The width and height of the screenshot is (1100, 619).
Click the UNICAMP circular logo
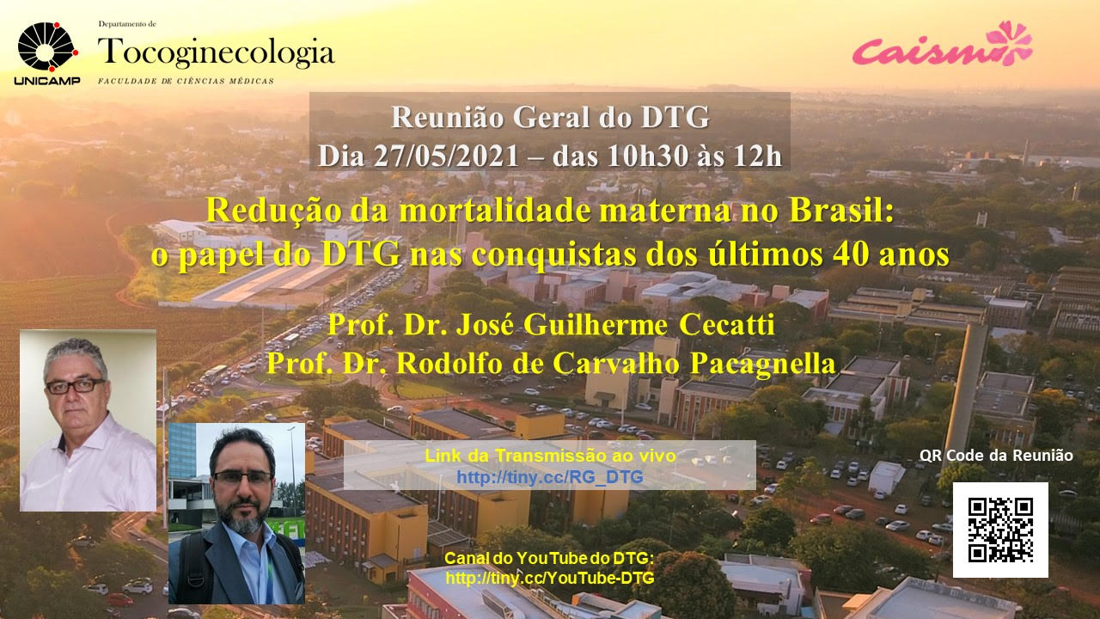47,47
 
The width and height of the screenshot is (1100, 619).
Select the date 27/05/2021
446,156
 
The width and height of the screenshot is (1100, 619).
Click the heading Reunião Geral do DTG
550,117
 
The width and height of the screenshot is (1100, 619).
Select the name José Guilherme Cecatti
615,325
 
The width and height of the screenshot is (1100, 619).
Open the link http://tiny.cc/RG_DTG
549,476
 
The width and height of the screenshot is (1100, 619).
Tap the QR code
1000,530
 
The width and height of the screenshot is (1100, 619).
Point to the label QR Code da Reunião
996,456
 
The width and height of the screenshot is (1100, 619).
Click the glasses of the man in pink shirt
75,386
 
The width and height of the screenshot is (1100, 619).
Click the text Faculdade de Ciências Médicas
186,81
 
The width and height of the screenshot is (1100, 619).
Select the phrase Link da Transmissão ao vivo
550,456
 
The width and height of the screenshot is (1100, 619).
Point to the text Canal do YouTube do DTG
549,559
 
